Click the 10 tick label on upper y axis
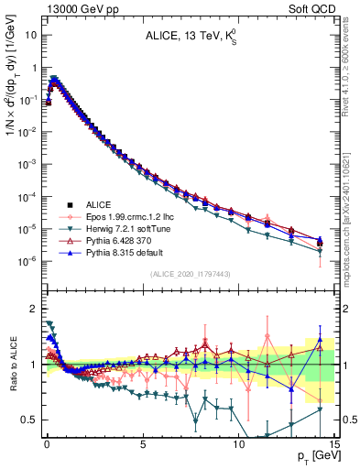[x=29, y=36]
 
